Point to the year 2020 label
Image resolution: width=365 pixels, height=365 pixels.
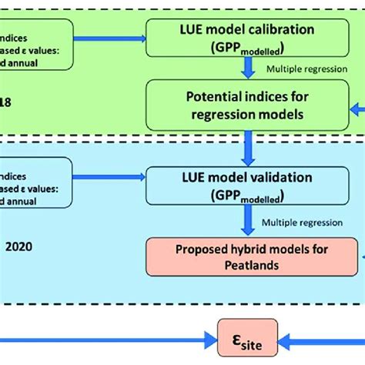pos(15,248)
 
